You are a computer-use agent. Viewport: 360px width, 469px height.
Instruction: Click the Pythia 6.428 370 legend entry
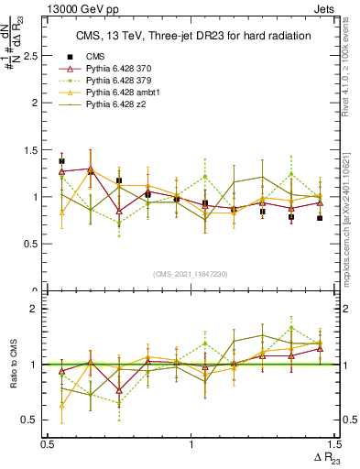coord(122,69)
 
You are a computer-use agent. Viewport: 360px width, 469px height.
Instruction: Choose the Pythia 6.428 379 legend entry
coord(122,82)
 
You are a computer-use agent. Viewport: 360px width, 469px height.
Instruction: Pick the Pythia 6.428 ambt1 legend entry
coord(125,93)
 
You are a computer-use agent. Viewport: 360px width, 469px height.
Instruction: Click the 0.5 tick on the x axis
coord(48,443)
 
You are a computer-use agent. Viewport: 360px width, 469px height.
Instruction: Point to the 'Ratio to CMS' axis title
coord(14,365)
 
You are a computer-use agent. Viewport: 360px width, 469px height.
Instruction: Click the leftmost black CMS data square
coord(61,161)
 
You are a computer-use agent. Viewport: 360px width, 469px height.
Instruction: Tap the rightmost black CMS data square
coord(320,218)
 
